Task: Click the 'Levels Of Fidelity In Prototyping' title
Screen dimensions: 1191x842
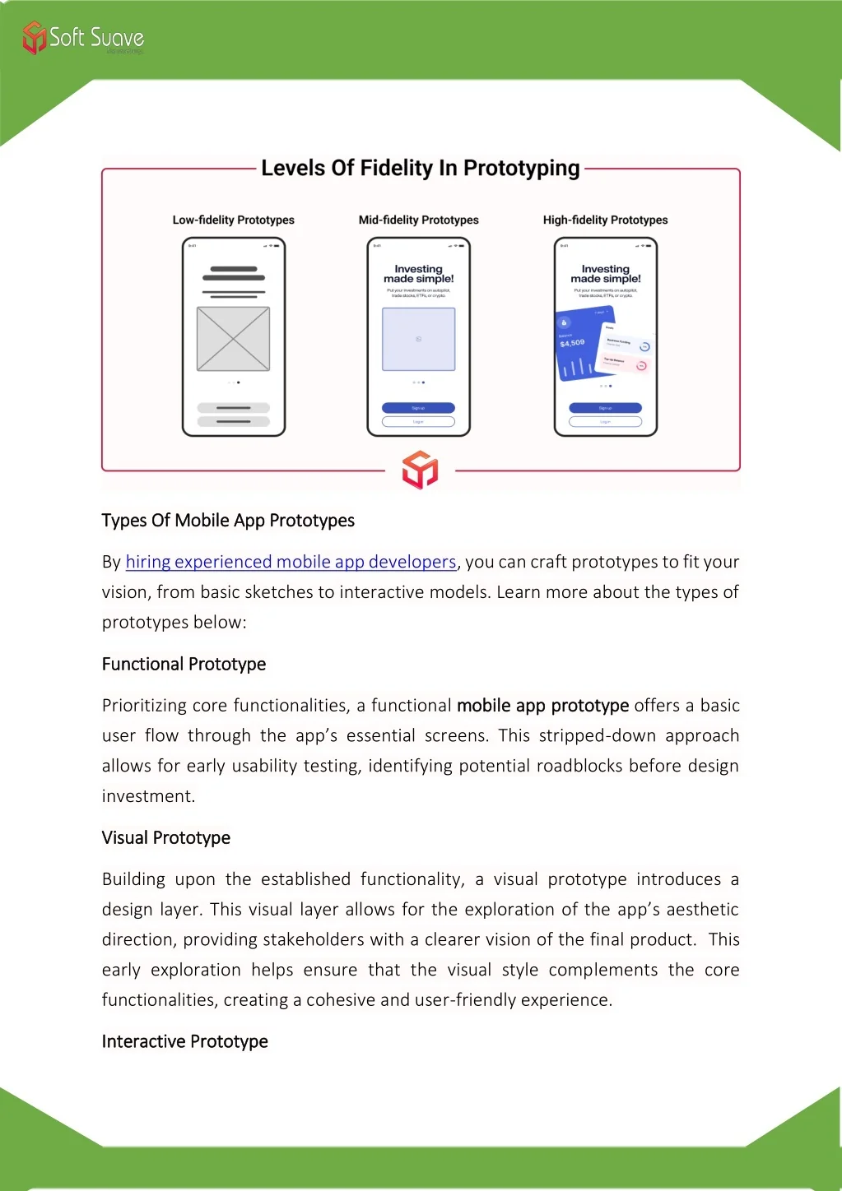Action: pos(420,169)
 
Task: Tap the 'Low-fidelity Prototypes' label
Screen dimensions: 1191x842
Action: pos(233,220)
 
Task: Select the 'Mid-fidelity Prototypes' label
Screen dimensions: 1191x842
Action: pos(418,220)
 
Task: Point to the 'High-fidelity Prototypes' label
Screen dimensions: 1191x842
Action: pos(605,220)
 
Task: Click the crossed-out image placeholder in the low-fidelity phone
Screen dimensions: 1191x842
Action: pos(233,339)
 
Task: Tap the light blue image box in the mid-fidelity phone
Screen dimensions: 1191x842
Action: pos(418,339)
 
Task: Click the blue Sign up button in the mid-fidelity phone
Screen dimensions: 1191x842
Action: pos(418,408)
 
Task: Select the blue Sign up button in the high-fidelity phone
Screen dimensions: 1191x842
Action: pos(605,408)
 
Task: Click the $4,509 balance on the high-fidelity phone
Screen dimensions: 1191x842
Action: pos(572,343)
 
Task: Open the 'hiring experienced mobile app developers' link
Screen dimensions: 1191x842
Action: pos(291,562)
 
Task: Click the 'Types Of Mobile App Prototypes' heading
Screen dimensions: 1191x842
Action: pos(228,521)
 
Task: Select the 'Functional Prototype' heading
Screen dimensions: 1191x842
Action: pos(184,664)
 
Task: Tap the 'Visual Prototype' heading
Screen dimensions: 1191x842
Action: pos(165,837)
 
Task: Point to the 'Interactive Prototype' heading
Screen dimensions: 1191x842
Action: pos(184,1041)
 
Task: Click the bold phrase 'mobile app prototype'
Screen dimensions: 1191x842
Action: pos(542,706)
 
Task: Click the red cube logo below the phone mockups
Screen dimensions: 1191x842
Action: pos(420,470)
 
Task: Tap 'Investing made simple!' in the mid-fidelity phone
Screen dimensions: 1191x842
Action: pos(418,274)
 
